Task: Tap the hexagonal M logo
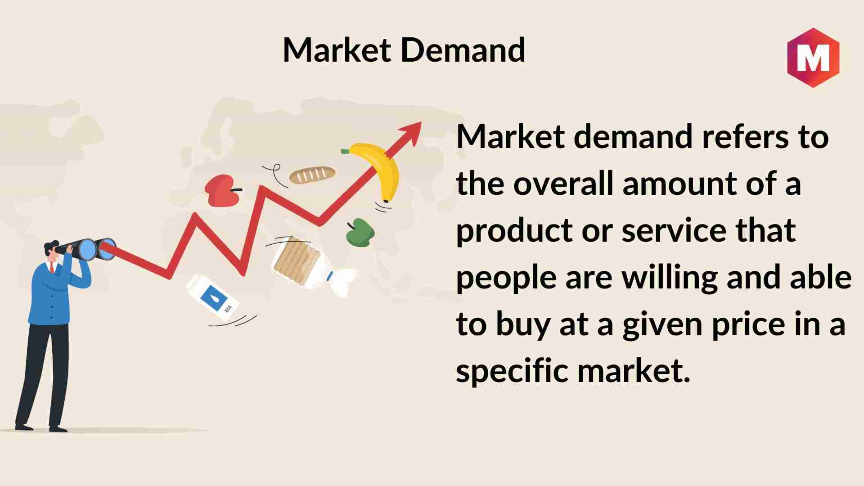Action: (813, 58)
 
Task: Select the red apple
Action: (222, 191)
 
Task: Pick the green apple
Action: (360, 233)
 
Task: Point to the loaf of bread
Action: (312, 175)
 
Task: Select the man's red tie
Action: (53, 268)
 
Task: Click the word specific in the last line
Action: (512, 373)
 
